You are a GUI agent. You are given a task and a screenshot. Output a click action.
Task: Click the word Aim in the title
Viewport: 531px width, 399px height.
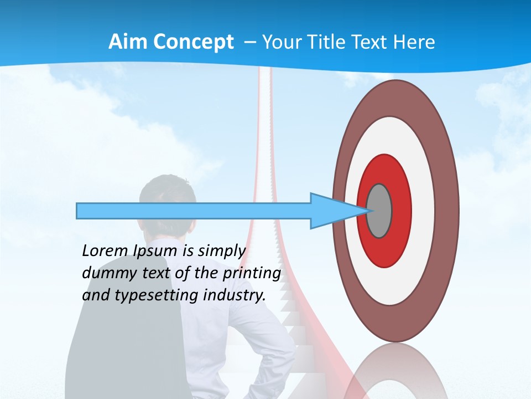(x=128, y=42)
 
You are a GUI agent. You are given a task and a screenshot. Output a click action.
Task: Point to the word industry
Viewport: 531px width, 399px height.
(x=235, y=295)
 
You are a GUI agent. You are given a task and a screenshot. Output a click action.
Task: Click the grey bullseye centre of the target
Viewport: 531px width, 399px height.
(x=379, y=211)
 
